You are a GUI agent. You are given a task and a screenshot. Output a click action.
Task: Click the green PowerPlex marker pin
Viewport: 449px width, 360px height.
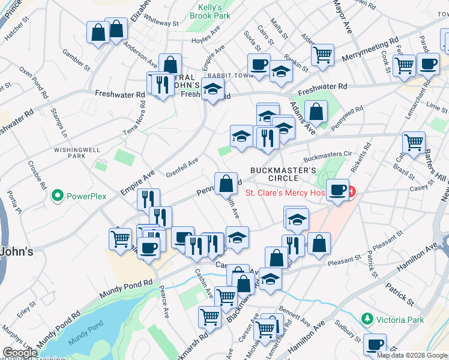[58, 196]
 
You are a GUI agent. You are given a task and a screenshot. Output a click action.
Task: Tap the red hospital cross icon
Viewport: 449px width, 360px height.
[351, 192]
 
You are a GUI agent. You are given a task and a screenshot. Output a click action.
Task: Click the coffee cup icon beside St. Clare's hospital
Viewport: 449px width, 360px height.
[338, 190]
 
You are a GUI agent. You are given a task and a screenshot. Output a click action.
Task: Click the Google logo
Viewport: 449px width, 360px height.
[20, 353]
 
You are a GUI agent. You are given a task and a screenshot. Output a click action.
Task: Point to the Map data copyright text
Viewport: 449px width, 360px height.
[412, 355]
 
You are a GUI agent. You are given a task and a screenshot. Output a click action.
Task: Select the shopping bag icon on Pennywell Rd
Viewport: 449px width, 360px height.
[225, 184]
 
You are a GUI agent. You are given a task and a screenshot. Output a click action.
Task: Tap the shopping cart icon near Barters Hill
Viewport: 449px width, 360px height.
[414, 143]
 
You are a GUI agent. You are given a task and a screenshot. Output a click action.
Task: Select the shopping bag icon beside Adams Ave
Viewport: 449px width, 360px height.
[316, 112]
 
